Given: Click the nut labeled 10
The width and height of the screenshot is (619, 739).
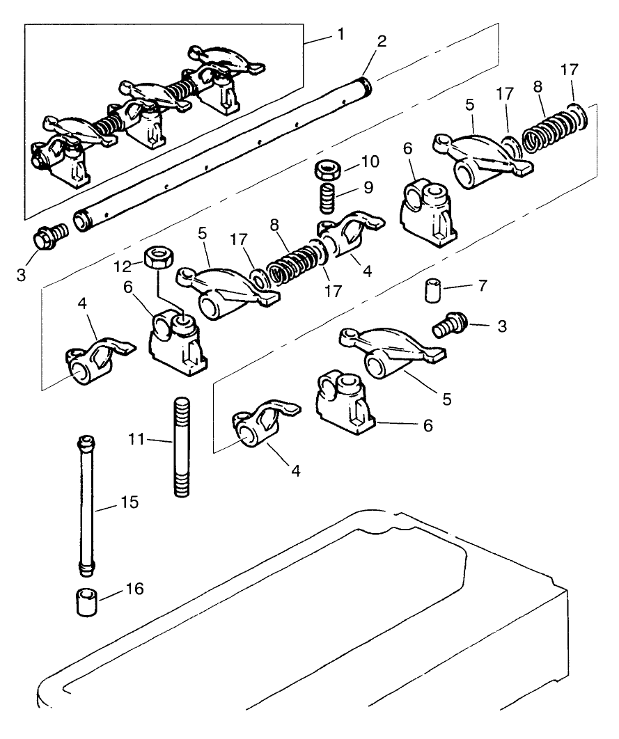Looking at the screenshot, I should tap(326, 168).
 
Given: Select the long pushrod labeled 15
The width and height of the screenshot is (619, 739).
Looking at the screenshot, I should tap(87, 506).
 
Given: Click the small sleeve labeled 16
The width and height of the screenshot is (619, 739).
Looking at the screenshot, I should tap(86, 602).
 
